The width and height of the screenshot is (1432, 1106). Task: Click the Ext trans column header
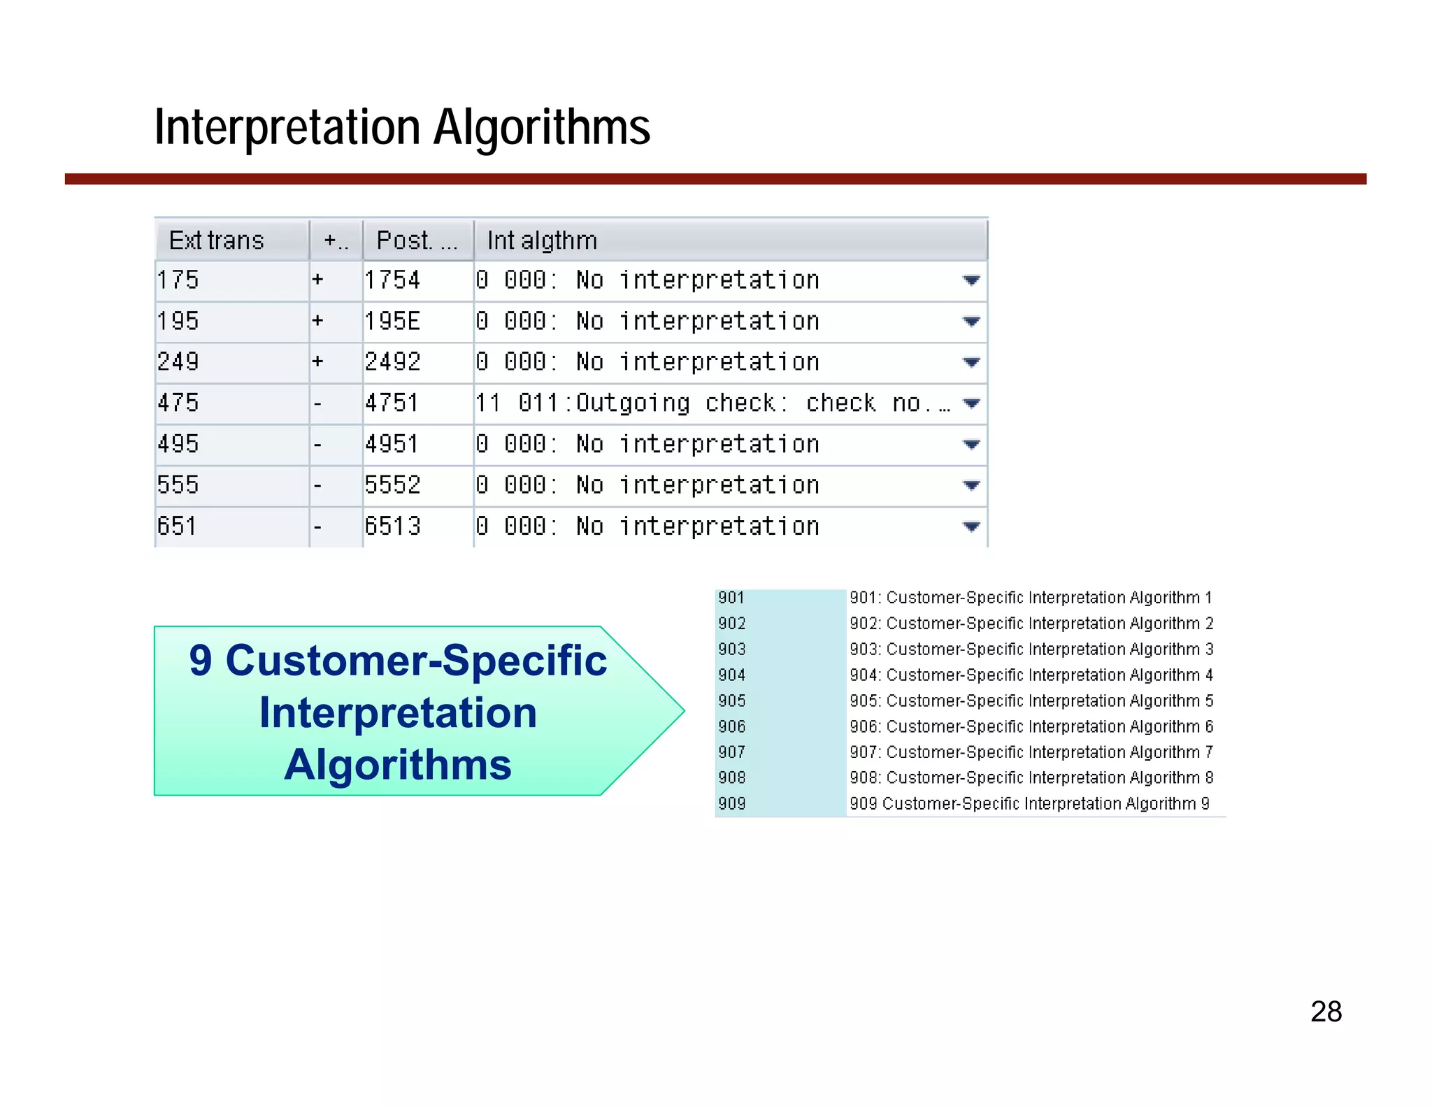tap(217, 240)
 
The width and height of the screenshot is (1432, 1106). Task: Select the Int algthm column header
tap(542, 240)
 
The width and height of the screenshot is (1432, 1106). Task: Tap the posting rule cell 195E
tap(392, 322)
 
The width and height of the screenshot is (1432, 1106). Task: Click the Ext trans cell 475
tap(178, 403)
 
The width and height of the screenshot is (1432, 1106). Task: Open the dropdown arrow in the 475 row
tap(971, 403)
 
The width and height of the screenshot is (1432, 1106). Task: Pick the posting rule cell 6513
tap(392, 526)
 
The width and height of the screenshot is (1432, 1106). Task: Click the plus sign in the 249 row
tap(318, 362)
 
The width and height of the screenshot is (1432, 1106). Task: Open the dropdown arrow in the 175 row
tap(971, 280)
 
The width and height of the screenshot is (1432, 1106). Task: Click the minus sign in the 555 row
tap(318, 485)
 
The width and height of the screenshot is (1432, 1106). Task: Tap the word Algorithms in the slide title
tap(542, 127)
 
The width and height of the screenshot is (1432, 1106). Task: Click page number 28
tap(1326, 1012)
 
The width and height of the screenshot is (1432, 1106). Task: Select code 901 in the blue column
tap(731, 598)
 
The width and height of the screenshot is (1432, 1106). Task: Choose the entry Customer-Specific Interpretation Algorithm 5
tap(1031, 701)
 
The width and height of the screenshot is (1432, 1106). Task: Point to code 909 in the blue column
tap(732, 803)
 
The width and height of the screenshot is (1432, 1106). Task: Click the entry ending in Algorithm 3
tap(1031, 649)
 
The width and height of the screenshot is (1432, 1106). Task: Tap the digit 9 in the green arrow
tap(200, 660)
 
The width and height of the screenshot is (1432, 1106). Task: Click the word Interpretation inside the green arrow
tap(398, 712)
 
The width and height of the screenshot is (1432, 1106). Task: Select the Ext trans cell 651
tap(177, 526)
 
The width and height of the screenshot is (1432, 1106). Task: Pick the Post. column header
tap(417, 240)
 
